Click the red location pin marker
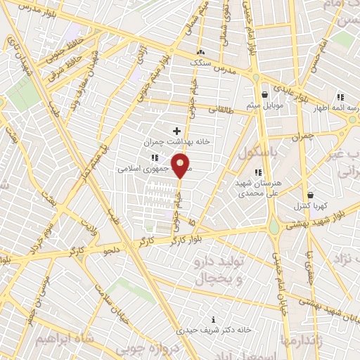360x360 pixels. pyautogui.click(x=180, y=166)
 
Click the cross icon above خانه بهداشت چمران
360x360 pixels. pyautogui.click(x=176, y=131)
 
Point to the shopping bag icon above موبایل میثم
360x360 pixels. pyautogui.click(x=264, y=94)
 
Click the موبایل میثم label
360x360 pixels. pyautogui.click(x=263, y=105)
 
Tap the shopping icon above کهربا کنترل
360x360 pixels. pyautogui.click(x=310, y=195)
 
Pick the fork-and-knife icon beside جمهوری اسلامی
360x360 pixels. pyautogui.click(x=154, y=157)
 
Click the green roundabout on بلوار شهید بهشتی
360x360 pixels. pyautogui.click(x=274, y=226)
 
